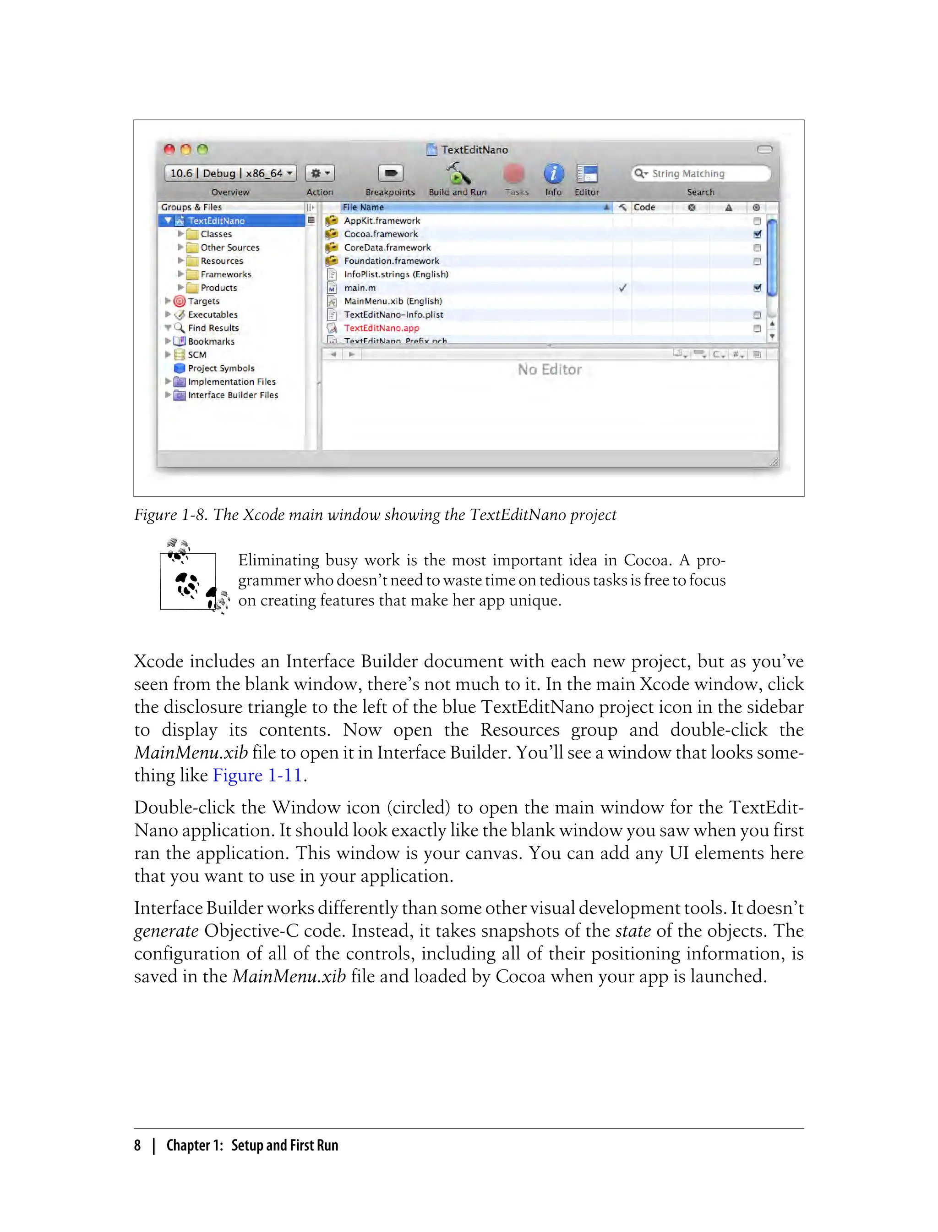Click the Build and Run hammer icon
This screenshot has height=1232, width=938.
[x=458, y=174]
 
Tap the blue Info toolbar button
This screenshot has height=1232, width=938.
[x=553, y=174]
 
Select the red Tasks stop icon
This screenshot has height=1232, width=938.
[x=514, y=174]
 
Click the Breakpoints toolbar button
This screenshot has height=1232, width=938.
[x=390, y=173]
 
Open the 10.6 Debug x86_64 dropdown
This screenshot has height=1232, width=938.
[x=230, y=173]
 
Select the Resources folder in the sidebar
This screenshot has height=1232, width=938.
[x=222, y=261]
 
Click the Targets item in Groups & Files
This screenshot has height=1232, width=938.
[x=203, y=301]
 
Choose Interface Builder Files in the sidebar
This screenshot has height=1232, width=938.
[x=233, y=395]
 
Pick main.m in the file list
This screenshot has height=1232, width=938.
[x=360, y=288]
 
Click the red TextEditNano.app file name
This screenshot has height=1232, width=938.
[x=382, y=328]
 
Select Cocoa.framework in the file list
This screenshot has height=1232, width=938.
[x=381, y=234]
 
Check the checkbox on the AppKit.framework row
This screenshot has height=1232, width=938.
[x=757, y=221]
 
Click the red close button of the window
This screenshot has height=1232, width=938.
[x=169, y=149]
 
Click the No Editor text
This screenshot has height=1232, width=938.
[x=550, y=369]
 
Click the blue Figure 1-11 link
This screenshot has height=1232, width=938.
[x=257, y=775]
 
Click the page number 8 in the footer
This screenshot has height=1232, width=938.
[x=137, y=1145]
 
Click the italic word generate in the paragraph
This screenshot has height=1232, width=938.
[x=166, y=931]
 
